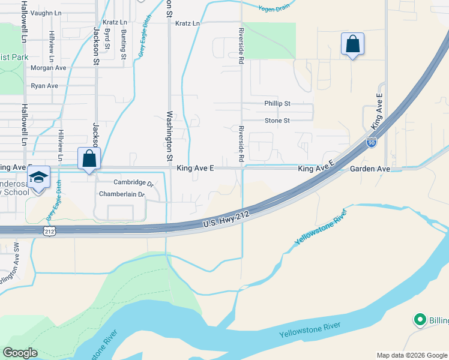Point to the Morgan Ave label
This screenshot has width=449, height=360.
tap(48, 68)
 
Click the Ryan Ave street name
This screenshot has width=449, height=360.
tap(44, 86)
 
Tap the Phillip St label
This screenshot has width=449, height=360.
tap(277, 103)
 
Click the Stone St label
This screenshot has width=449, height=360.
tap(277, 121)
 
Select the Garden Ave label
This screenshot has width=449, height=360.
tap(370, 170)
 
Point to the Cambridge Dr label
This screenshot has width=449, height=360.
tap(134, 182)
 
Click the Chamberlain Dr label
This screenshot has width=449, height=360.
tap(122, 194)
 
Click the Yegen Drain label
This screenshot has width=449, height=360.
tap(274, 9)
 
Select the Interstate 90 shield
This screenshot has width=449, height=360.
tap(372, 143)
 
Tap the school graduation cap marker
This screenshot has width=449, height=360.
tap(39, 178)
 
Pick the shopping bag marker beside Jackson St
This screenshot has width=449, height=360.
tap(89, 159)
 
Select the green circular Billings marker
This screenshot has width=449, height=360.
tap(420, 320)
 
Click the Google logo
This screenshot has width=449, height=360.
tap(20, 353)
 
